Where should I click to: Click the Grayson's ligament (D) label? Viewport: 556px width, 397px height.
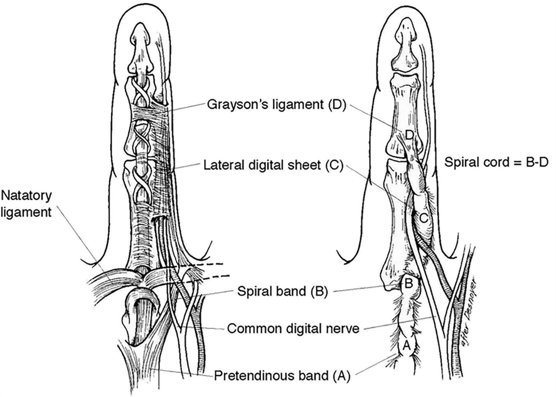pos(276,104)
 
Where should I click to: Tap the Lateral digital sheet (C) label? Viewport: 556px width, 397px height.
pos(274,165)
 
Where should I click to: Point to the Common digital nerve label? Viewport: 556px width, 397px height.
pos(293,328)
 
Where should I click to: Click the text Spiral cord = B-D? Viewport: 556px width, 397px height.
pos(496,162)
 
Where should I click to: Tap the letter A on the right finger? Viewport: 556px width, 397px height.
pos(406,346)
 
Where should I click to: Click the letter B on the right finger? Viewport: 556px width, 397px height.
pos(408,284)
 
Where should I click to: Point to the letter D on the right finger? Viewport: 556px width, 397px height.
pos(409,135)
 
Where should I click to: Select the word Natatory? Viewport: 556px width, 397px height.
pos(27,196)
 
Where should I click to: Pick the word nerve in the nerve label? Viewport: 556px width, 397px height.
pos(341,328)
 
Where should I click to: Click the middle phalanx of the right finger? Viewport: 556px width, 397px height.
pos(404,111)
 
